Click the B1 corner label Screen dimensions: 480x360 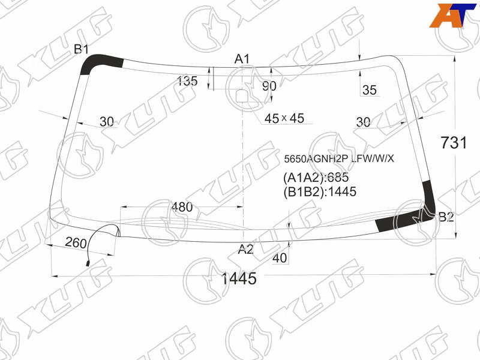[x=81, y=49]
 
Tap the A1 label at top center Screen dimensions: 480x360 [x=242, y=59]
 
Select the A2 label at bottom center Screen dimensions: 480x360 [x=246, y=249]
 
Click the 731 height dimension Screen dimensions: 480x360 [x=454, y=143]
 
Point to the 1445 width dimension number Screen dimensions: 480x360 [x=239, y=278]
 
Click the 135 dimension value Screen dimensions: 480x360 [x=187, y=81]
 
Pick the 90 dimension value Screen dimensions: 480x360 [x=269, y=86]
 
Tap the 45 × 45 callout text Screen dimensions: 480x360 [x=284, y=118]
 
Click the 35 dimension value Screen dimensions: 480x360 [x=369, y=90]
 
